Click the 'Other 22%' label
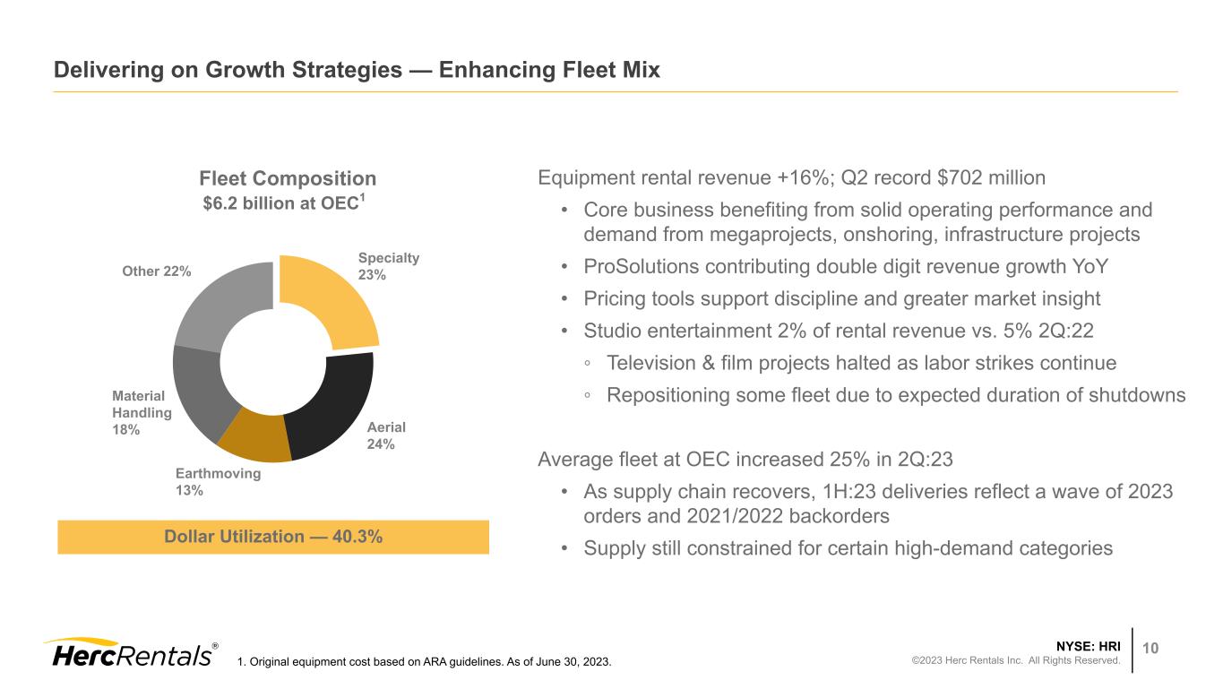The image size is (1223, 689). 156,271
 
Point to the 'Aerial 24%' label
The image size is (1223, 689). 386,435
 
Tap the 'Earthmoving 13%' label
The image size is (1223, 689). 218,481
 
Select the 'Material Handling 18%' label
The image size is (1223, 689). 142,412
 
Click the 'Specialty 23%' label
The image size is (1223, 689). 388,266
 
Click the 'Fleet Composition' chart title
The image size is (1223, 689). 287,178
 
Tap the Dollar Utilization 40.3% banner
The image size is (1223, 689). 273,537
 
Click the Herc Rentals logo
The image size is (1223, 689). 130,653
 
